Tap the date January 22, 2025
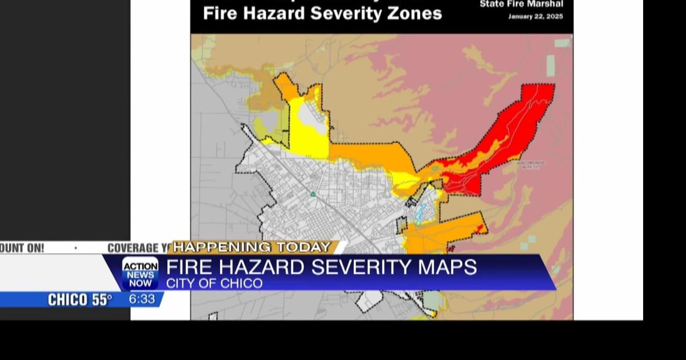(x=535, y=17)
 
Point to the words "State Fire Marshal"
(x=521, y=4)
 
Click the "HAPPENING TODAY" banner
(x=252, y=247)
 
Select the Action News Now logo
(x=140, y=273)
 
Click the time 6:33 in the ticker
(x=142, y=299)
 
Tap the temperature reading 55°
(x=101, y=300)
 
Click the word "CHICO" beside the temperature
(x=68, y=300)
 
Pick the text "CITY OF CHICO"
(x=214, y=283)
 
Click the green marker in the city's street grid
(x=312, y=194)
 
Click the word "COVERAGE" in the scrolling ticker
(x=133, y=247)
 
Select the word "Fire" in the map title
(x=220, y=13)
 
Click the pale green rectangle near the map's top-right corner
(x=562, y=43)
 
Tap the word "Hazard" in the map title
(x=278, y=13)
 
